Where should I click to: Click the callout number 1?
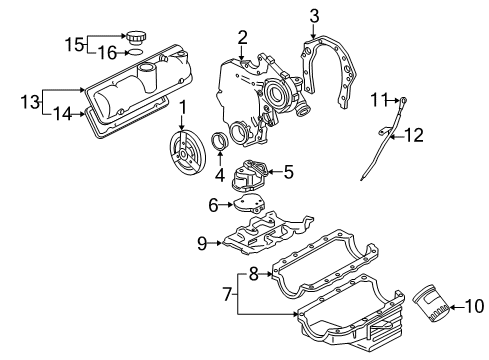pyautogui.click(x=182, y=108)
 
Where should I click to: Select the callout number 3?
pyautogui.click(x=314, y=16)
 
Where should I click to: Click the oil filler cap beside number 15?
pyautogui.click(x=136, y=37)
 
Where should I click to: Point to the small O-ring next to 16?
pyautogui.click(x=135, y=52)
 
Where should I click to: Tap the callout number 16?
pyautogui.click(x=107, y=53)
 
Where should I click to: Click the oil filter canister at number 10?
pyautogui.click(x=430, y=303)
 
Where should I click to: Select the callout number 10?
pyautogui.click(x=474, y=306)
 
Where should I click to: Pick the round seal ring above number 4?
pyautogui.click(x=220, y=141)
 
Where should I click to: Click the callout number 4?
pyautogui.click(x=220, y=174)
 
